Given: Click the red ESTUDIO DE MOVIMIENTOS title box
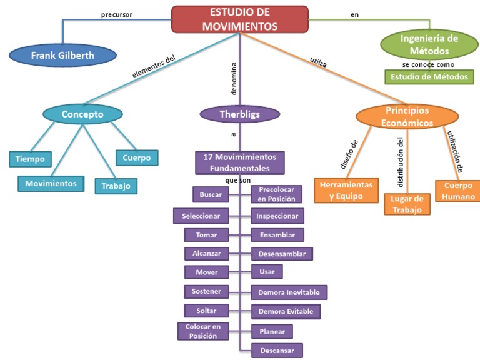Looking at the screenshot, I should pos(240,19).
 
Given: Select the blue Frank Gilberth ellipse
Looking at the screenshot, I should pos(62,56).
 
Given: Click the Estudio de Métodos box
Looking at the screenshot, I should pos(429,77).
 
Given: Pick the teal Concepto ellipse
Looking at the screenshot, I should pos(82,114).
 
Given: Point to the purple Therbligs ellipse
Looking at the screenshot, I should pos(239,114).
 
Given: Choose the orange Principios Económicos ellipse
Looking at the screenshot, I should pos(407,117).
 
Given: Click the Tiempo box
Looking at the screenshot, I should pos(30,159).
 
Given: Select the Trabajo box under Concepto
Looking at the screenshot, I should pos(116,186).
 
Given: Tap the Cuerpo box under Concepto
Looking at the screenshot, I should pos(136,157).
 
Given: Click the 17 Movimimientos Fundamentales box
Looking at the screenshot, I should pos(240,162).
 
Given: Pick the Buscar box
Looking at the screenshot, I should pos(211,194).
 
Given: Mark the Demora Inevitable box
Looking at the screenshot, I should pos(289,292).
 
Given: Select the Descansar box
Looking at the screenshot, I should pos(277,350).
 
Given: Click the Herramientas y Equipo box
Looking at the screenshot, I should pos(346,191).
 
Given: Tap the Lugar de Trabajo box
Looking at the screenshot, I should pos(407,204).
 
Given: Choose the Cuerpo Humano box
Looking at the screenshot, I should pos(459,191).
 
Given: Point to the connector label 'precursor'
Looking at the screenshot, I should pos(117,14).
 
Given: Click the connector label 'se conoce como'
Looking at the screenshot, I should pos(428,64).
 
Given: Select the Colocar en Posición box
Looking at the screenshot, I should pos(203,331).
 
